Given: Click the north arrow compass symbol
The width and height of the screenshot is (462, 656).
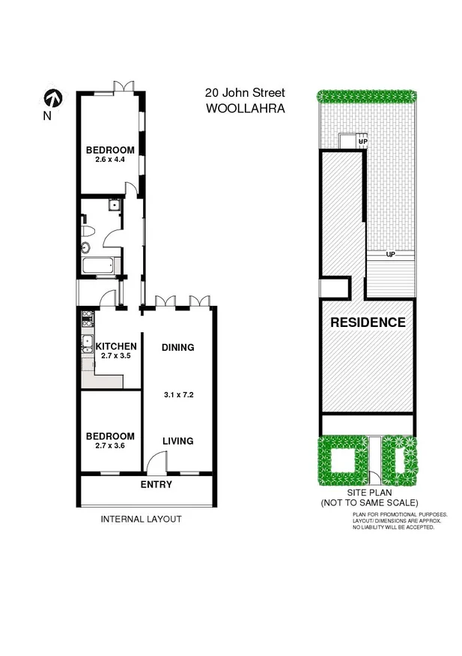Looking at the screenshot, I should click(51, 97).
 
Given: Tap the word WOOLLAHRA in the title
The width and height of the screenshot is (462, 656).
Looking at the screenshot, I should click(245, 108).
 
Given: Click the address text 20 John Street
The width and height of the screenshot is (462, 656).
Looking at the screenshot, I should click(245, 93).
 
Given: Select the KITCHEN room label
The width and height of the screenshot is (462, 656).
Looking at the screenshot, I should click(115, 346).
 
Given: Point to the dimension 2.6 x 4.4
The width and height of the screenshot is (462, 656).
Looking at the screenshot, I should click(110, 160).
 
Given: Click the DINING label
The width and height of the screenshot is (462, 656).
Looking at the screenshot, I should click(177, 347).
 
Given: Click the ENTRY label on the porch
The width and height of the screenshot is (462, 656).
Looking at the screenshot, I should click(156, 484).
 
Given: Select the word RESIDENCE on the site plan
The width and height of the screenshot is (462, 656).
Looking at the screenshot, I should click(368, 323).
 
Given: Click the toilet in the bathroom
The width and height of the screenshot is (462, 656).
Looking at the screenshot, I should click(87, 230).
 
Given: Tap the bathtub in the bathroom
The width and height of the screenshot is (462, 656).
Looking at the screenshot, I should click(99, 265).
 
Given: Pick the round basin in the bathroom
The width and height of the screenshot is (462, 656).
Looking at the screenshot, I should click(85, 247).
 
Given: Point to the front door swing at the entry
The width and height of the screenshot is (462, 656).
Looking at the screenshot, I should click(155, 463).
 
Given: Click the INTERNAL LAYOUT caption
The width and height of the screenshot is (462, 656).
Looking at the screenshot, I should click(141, 519).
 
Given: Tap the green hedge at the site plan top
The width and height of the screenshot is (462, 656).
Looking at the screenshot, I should click(367, 95).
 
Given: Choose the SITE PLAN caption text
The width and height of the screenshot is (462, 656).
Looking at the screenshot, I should click(368, 493).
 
